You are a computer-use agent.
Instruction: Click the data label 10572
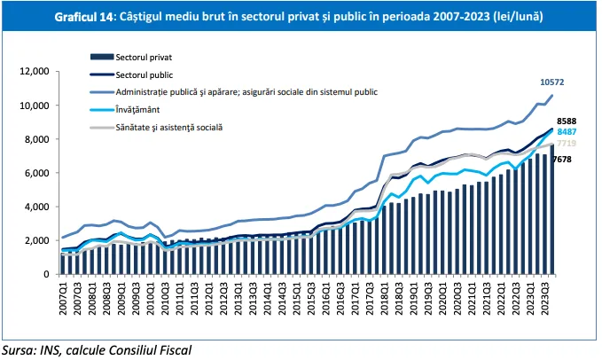(x=554, y=82)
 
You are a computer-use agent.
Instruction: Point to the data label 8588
(x=567, y=121)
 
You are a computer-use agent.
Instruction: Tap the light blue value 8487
(x=567, y=132)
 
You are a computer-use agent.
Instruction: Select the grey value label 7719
(x=567, y=144)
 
